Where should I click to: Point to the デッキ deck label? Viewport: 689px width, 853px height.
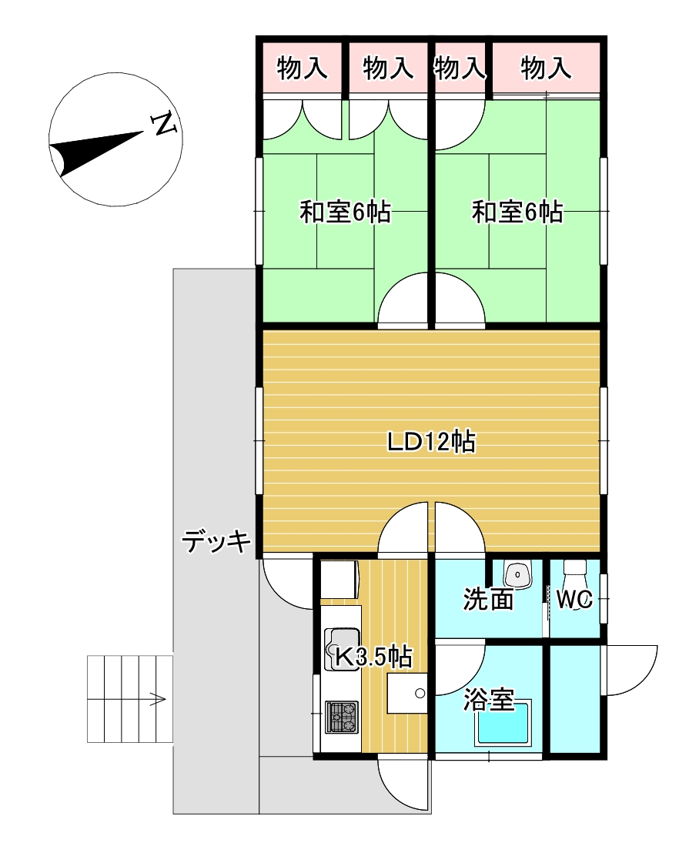tap(216, 542)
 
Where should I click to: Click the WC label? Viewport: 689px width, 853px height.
tap(574, 599)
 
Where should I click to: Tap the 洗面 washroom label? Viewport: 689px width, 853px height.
tap(488, 599)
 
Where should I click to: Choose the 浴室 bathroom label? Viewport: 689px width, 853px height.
tap(488, 700)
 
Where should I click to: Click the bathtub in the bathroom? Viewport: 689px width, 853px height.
tap(504, 723)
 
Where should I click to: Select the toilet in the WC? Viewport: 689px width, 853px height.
tap(575, 574)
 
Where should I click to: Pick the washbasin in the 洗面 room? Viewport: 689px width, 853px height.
tap(517, 574)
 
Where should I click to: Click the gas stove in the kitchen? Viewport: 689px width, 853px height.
tap(341, 716)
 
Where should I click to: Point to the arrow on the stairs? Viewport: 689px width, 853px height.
tap(157, 699)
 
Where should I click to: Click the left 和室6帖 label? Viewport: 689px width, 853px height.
tap(345, 212)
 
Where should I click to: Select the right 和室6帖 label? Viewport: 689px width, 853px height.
tap(517, 212)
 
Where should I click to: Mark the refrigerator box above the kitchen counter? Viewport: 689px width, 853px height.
tap(339, 578)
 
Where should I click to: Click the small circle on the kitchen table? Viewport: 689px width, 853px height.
tap(420, 693)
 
